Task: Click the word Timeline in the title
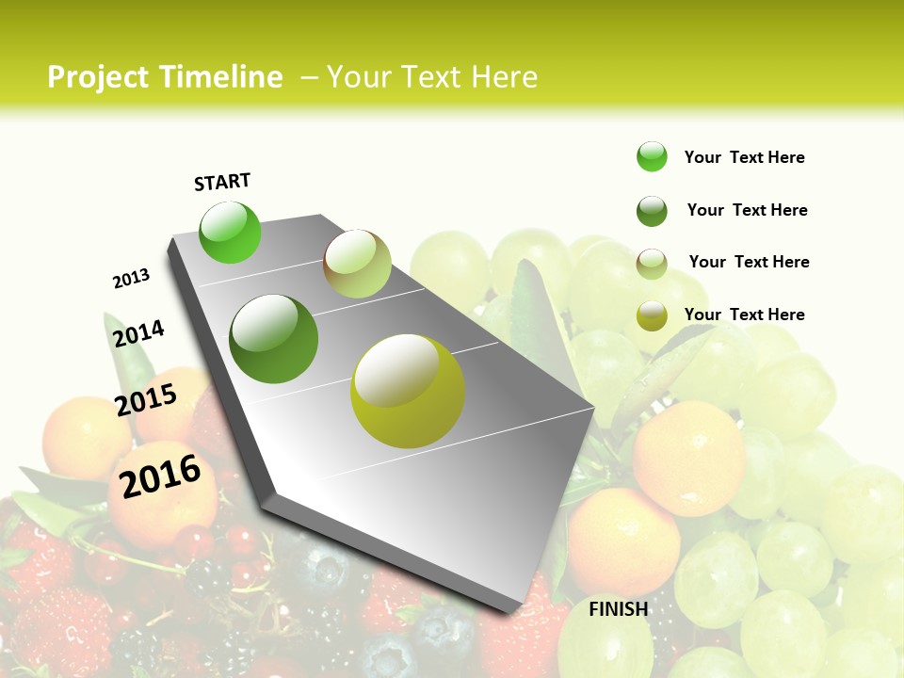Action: pyautogui.click(x=222, y=77)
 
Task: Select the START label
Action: pyautogui.click(x=222, y=182)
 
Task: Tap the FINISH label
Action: pyautogui.click(x=619, y=609)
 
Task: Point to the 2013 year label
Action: pyautogui.click(x=132, y=279)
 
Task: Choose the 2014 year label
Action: pyautogui.click(x=139, y=333)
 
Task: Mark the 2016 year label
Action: pyautogui.click(x=160, y=476)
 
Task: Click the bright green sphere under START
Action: pyautogui.click(x=230, y=232)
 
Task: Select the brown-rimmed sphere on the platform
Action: pyautogui.click(x=357, y=264)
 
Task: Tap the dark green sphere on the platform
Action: pyautogui.click(x=274, y=339)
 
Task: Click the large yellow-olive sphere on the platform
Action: pyautogui.click(x=408, y=391)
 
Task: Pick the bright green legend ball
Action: pyautogui.click(x=652, y=157)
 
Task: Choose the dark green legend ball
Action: pyautogui.click(x=652, y=211)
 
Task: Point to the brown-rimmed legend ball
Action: pyautogui.click(x=652, y=263)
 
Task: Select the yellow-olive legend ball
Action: pyautogui.click(x=652, y=315)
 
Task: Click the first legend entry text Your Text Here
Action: pyautogui.click(x=745, y=157)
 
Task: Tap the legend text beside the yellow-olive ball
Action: pyautogui.click(x=745, y=315)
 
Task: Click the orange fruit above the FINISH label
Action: pyautogui.click(x=623, y=541)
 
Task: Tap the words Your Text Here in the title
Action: pyautogui.click(x=431, y=77)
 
